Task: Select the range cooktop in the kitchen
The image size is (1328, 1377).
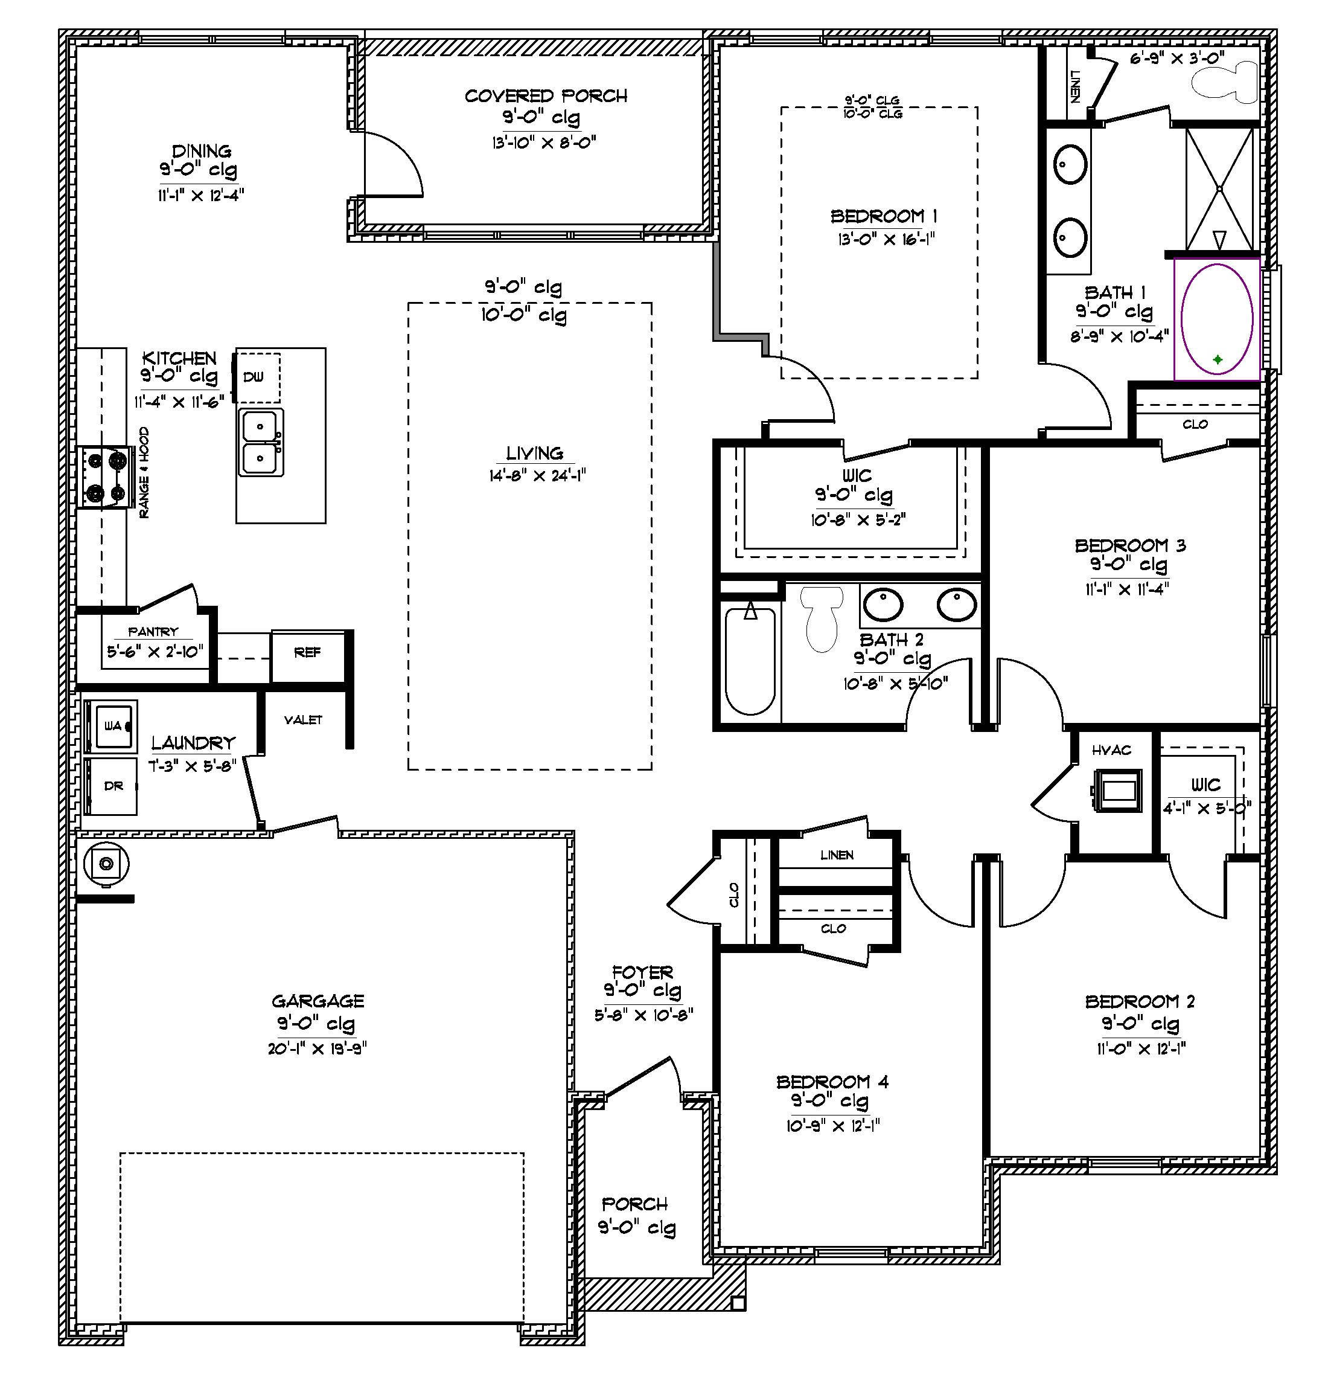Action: [x=106, y=478]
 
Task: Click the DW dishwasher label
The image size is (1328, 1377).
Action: [x=254, y=377]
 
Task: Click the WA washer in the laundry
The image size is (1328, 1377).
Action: [x=112, y=726]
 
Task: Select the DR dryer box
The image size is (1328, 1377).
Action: [x=112, y=786]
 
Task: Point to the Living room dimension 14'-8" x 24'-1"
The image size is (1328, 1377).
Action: [x=537, y=477]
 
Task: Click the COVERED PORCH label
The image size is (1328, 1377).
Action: [x=546, y=96]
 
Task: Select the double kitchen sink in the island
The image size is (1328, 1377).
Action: [x=261, y=443]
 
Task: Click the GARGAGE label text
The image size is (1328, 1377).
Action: [x=318, y=1001]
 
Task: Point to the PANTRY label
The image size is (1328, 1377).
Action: [x=153, y=632]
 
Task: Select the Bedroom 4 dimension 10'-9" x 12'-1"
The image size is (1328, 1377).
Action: [x=833, y=1126]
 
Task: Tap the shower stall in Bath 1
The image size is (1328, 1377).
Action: [x=1219, y=188]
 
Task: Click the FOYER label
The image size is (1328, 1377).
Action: [x=642, y=972]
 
